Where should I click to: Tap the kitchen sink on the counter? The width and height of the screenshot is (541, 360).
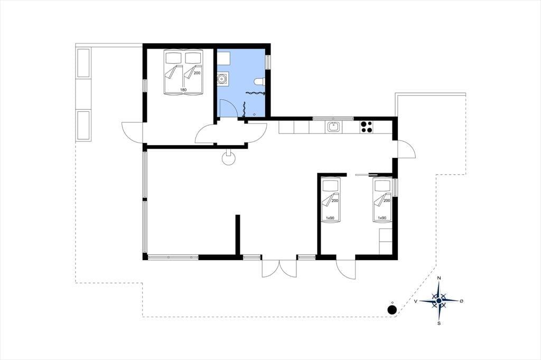pyautogui.click(x=333, y=127)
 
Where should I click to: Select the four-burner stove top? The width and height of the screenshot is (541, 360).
pyautogui.click(x=366, y=127)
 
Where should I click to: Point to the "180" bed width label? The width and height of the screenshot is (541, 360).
pyautogui.click(x=183, y=90)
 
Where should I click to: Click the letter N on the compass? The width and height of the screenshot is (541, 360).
pyautogui.click(x=439, y=278)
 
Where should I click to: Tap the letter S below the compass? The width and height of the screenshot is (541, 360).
pyautogui.click(x=439, y=324)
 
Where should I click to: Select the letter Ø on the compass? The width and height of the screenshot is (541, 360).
pyautogui.click(x=462, y=301)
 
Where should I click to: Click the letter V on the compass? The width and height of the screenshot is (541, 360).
pyautogui.click(x=416, y=301)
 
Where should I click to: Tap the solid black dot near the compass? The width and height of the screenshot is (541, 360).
pyautogui.click(x=391, y=310)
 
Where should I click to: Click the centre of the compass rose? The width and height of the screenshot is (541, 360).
pyautogui.click(x=439, y=301)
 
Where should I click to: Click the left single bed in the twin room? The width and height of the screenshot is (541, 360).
pyautogui.click(x=331, y=201)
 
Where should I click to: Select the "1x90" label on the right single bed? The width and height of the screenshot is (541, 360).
pyautogui.click(x=381, y=218)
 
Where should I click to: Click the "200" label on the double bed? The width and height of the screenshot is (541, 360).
pyautogui.click(x=197, y=73)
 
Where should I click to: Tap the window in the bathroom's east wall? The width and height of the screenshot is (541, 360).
pyautogui.click(x=268, y=62)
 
